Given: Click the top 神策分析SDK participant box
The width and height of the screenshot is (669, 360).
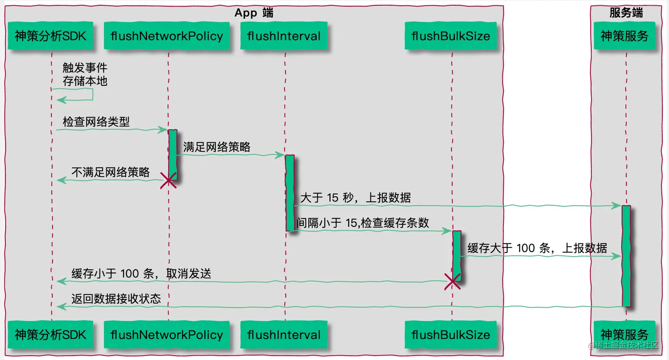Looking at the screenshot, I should (x=50, y=36).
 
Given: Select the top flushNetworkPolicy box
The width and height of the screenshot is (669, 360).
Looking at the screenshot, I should (x=167, y=36).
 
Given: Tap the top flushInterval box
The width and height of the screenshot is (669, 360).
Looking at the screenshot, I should (x=284, y=36).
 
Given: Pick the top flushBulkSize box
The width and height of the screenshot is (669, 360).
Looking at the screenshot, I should (x=450, y=36).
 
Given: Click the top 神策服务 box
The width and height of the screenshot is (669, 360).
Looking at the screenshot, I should (x=624, y=36).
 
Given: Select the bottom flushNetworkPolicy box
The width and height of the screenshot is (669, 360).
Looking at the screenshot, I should (x=167, y=335).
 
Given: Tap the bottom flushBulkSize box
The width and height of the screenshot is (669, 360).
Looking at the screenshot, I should (x=450, y=335).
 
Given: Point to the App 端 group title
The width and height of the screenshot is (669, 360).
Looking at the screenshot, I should (x=254, y=13).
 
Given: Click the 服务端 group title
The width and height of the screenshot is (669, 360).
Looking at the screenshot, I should (x=626, y=13).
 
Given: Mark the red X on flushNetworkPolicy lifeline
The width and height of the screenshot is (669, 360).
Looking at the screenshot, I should (x=168, y=180).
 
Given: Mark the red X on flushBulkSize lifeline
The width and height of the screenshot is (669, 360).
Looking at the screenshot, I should (x=452, y=281).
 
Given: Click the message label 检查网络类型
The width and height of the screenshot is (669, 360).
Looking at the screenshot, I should (x=96, y=122).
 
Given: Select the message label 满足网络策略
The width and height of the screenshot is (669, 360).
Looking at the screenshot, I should (x=217, y=147).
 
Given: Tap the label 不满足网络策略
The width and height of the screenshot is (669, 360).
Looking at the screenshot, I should (x=111, y=172).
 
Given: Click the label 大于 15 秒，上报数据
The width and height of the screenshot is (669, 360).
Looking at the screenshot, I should (x=356, y=198).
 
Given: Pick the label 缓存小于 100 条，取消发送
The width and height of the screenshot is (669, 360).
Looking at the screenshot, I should (x=141, y=274).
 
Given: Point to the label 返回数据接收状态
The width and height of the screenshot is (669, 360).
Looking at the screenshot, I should (x=116, y=299).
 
